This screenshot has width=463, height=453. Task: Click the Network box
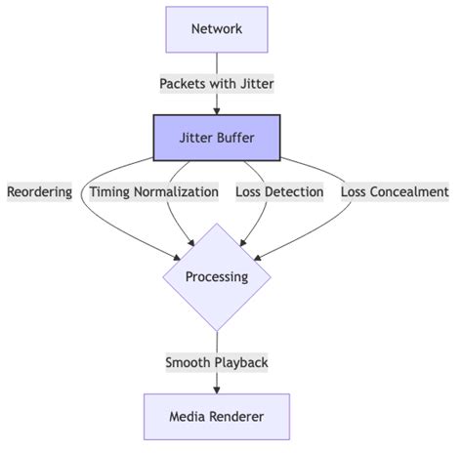[x=217, y=29]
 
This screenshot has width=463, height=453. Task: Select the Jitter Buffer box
[x=217, y=138]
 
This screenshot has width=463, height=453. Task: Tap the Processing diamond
[x=217, y=276]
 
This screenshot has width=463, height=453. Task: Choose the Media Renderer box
[x=217, y=417]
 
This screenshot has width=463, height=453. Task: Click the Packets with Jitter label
[x=217, y=84]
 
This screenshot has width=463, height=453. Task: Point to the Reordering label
[x=39, y=191]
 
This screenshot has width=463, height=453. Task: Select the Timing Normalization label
[x=154, y=191]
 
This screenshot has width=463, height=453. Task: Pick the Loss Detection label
[x=279, y=191]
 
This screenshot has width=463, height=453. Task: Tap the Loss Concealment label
[x=395, y=191]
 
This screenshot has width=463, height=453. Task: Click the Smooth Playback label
[x=217, y=362]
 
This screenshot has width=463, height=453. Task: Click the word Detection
[x=295, y=191]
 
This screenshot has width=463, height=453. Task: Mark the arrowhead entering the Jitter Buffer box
[x=217, y=110]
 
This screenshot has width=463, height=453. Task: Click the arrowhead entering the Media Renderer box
[x=217, y=390]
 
